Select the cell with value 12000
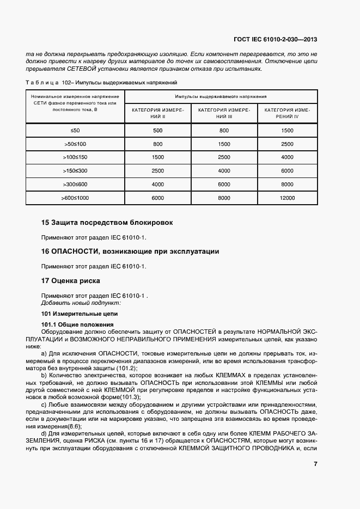[288, 198]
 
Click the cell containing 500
[158, 131]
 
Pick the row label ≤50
[75, 131]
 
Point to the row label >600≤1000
[75, 198]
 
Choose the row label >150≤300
[75, 171]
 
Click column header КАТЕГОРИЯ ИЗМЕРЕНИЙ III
[224, 113]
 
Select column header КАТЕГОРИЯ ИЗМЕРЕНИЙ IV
[288, 113]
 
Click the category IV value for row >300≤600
[288, 185]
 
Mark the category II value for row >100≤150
[158, 157]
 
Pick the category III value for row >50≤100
[224, 144]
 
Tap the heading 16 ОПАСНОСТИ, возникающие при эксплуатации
[130, 252]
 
